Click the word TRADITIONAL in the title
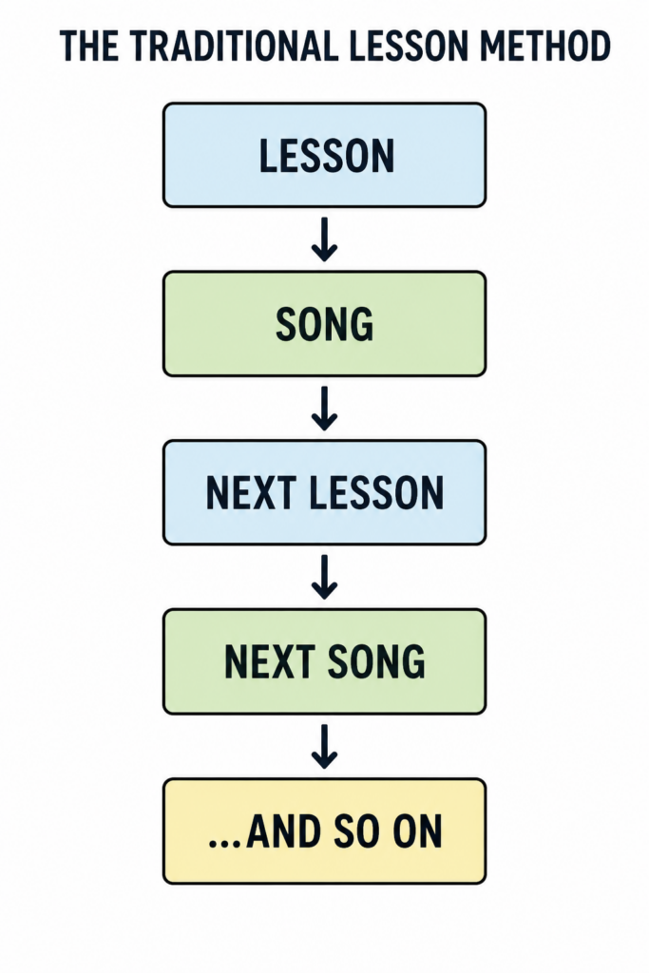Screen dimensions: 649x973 tap(235, 46)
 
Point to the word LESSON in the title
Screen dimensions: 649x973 tap(410, 46)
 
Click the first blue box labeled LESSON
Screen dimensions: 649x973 tap(325, 155)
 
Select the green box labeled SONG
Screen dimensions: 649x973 tap(325, 324)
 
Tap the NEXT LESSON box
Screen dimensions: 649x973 tap(325, 493)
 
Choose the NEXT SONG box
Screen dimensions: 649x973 tap(325, 661)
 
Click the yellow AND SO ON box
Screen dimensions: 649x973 tap(325, 830)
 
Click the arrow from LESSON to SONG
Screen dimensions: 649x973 tap(325, 239)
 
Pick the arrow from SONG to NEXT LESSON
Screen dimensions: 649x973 tap(325, 409)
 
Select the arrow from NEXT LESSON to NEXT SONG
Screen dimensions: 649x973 tap(325, 577)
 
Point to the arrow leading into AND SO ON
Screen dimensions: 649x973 tap(325, 747)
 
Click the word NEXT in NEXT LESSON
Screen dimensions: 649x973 tap(251, 493)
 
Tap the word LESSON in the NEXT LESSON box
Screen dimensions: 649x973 tap(376, 493)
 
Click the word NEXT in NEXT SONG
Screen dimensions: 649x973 tap(269, 662)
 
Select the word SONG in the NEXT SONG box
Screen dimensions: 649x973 tap(376, 662)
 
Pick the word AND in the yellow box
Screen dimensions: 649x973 tap(284, 831)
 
